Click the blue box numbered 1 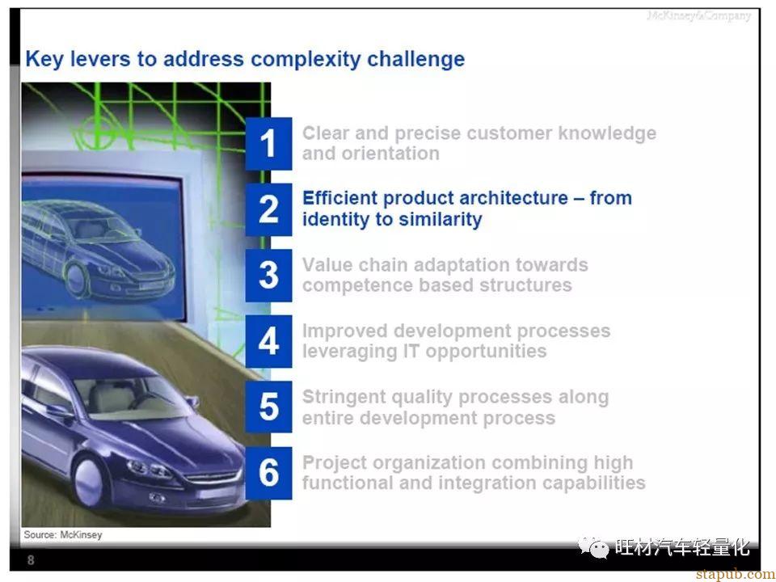coord(268,144)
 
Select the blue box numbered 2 coord(268,209)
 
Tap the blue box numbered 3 coord(268,275)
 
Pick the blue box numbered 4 coord(268,341)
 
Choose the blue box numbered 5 coord(268,407)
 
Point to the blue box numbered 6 coord(268,473)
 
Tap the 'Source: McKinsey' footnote coord(63,534)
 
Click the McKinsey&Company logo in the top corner coord(698,16)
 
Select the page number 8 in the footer coord(31,560)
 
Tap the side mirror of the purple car coord(192,402)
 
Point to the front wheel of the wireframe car coord(76,279)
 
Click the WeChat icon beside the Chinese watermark coord(593,547)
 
